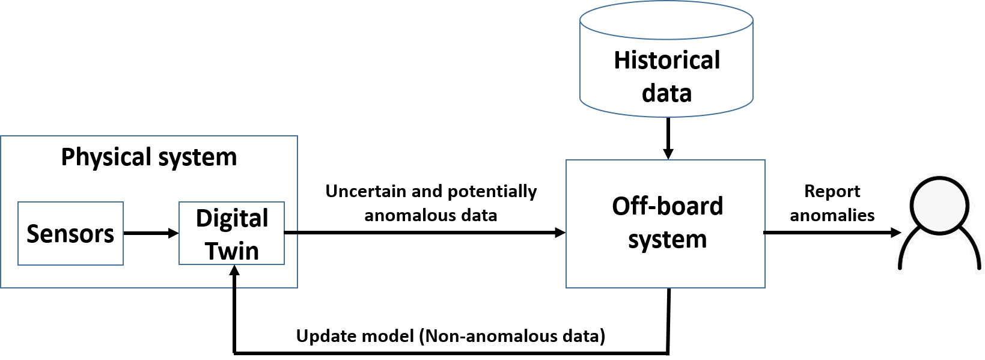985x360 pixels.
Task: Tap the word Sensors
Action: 70,234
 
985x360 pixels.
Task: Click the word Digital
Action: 232,218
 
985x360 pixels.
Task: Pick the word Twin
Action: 232,251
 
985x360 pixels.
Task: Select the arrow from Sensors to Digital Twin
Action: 150,233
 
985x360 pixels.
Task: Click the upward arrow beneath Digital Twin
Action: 234,277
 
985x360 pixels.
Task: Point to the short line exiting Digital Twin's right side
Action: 291,233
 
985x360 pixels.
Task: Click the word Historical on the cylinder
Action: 666,61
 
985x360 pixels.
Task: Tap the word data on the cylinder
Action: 666,93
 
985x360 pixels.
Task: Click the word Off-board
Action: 667,206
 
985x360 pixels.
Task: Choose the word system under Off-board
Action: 667,239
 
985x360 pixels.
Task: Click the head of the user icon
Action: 940,204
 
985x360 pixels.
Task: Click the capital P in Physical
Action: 67,157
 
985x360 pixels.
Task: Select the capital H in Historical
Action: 621,61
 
